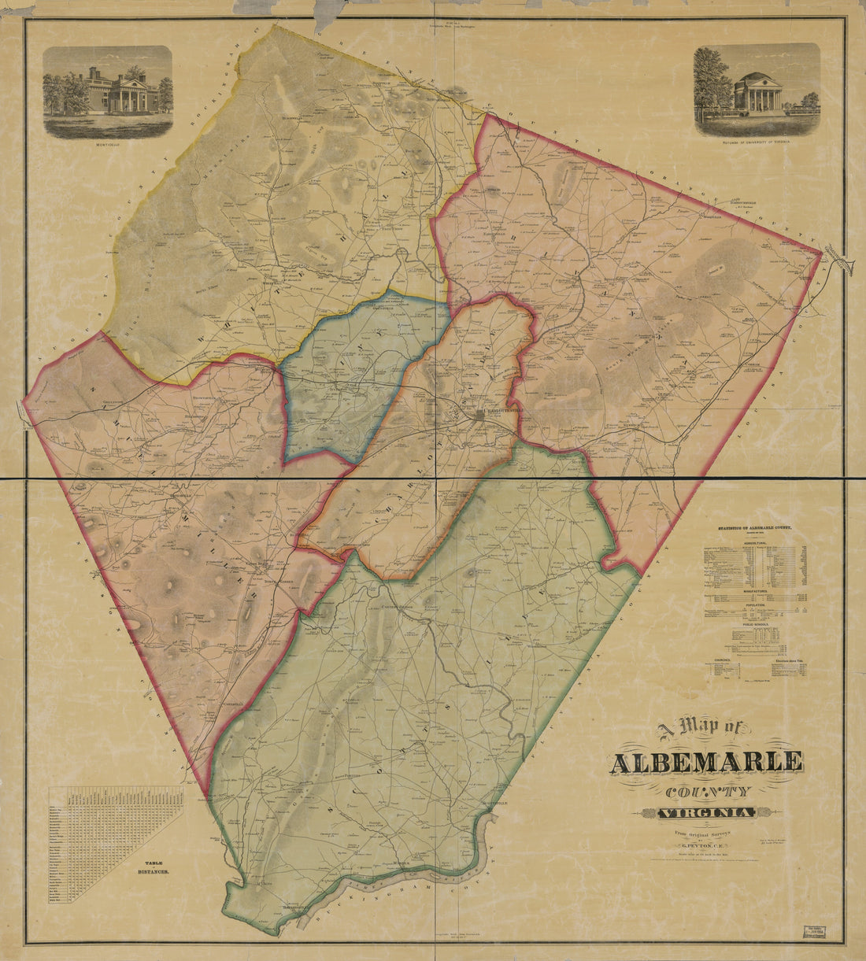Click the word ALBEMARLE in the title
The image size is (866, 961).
(706, 762)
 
